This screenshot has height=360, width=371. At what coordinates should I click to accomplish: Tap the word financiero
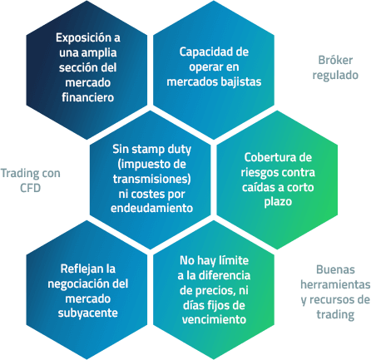88,97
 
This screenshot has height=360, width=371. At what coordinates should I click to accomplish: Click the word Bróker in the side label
335,60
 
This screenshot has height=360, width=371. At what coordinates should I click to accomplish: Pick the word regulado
335,76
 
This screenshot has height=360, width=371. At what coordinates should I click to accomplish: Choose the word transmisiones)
152,179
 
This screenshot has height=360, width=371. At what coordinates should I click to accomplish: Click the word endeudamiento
151,208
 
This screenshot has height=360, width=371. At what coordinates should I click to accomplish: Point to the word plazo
278,202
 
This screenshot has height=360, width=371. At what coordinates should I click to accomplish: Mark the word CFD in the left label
31,188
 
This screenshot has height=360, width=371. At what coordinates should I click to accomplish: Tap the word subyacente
88,313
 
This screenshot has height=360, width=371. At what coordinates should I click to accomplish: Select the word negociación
77,284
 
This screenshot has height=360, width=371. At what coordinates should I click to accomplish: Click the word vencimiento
214,320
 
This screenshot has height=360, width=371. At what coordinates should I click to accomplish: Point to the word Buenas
335,270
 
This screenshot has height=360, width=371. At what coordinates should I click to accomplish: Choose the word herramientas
335,285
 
